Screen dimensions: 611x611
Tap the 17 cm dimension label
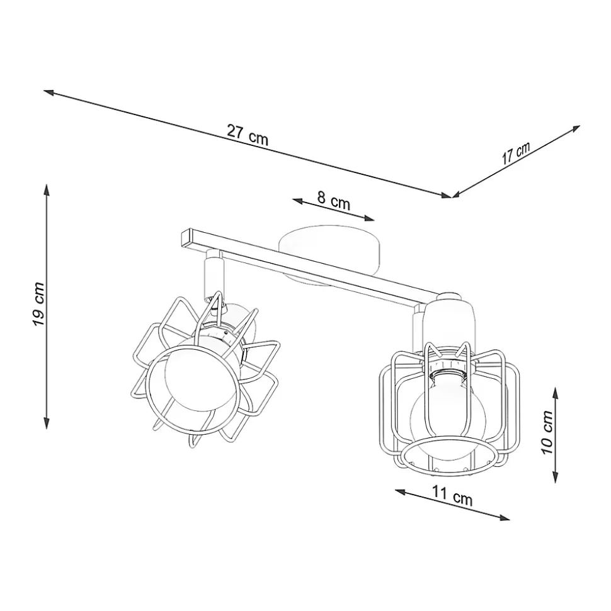pyautogui.click(x=516, y=153)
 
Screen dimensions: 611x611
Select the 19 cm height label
pyautogui.click(x=39, y=304)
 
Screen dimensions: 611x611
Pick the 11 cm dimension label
pyautogui.click(x=452, y=496)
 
